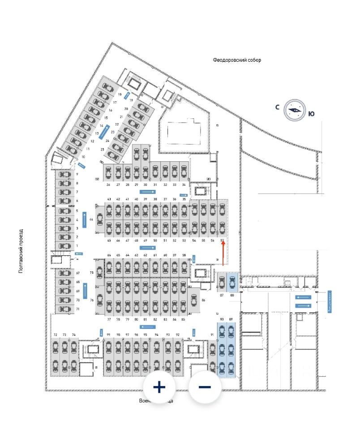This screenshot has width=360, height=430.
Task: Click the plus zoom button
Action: click(159, 387)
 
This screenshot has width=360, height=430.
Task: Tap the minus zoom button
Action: click(205, 387)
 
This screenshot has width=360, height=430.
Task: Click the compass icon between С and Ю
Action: click(294, 109)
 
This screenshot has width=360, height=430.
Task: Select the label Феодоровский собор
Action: click(237, 60)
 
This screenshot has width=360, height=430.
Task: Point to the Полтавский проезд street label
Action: click(21, 251)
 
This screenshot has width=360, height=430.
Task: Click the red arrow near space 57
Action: click(223, 254)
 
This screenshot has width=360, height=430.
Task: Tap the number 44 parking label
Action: click(91, 219)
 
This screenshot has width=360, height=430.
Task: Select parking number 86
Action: click(203, 300)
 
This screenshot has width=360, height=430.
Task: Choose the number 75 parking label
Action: click(91, 272)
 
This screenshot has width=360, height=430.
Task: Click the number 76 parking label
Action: click(91, 300)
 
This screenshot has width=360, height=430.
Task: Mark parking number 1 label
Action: click(77, 246)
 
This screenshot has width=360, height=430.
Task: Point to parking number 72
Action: click(56, 335)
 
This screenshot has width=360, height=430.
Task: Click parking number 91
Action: click(212, 335)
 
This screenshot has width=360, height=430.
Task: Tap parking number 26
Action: click(108, 185)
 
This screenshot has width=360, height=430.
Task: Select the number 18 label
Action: click(120, 95)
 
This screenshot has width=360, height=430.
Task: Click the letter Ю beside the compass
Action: click(311, 114)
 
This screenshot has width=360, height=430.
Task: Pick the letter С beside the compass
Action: click(278, 107)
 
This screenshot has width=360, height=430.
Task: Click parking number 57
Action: click(222, 241)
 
